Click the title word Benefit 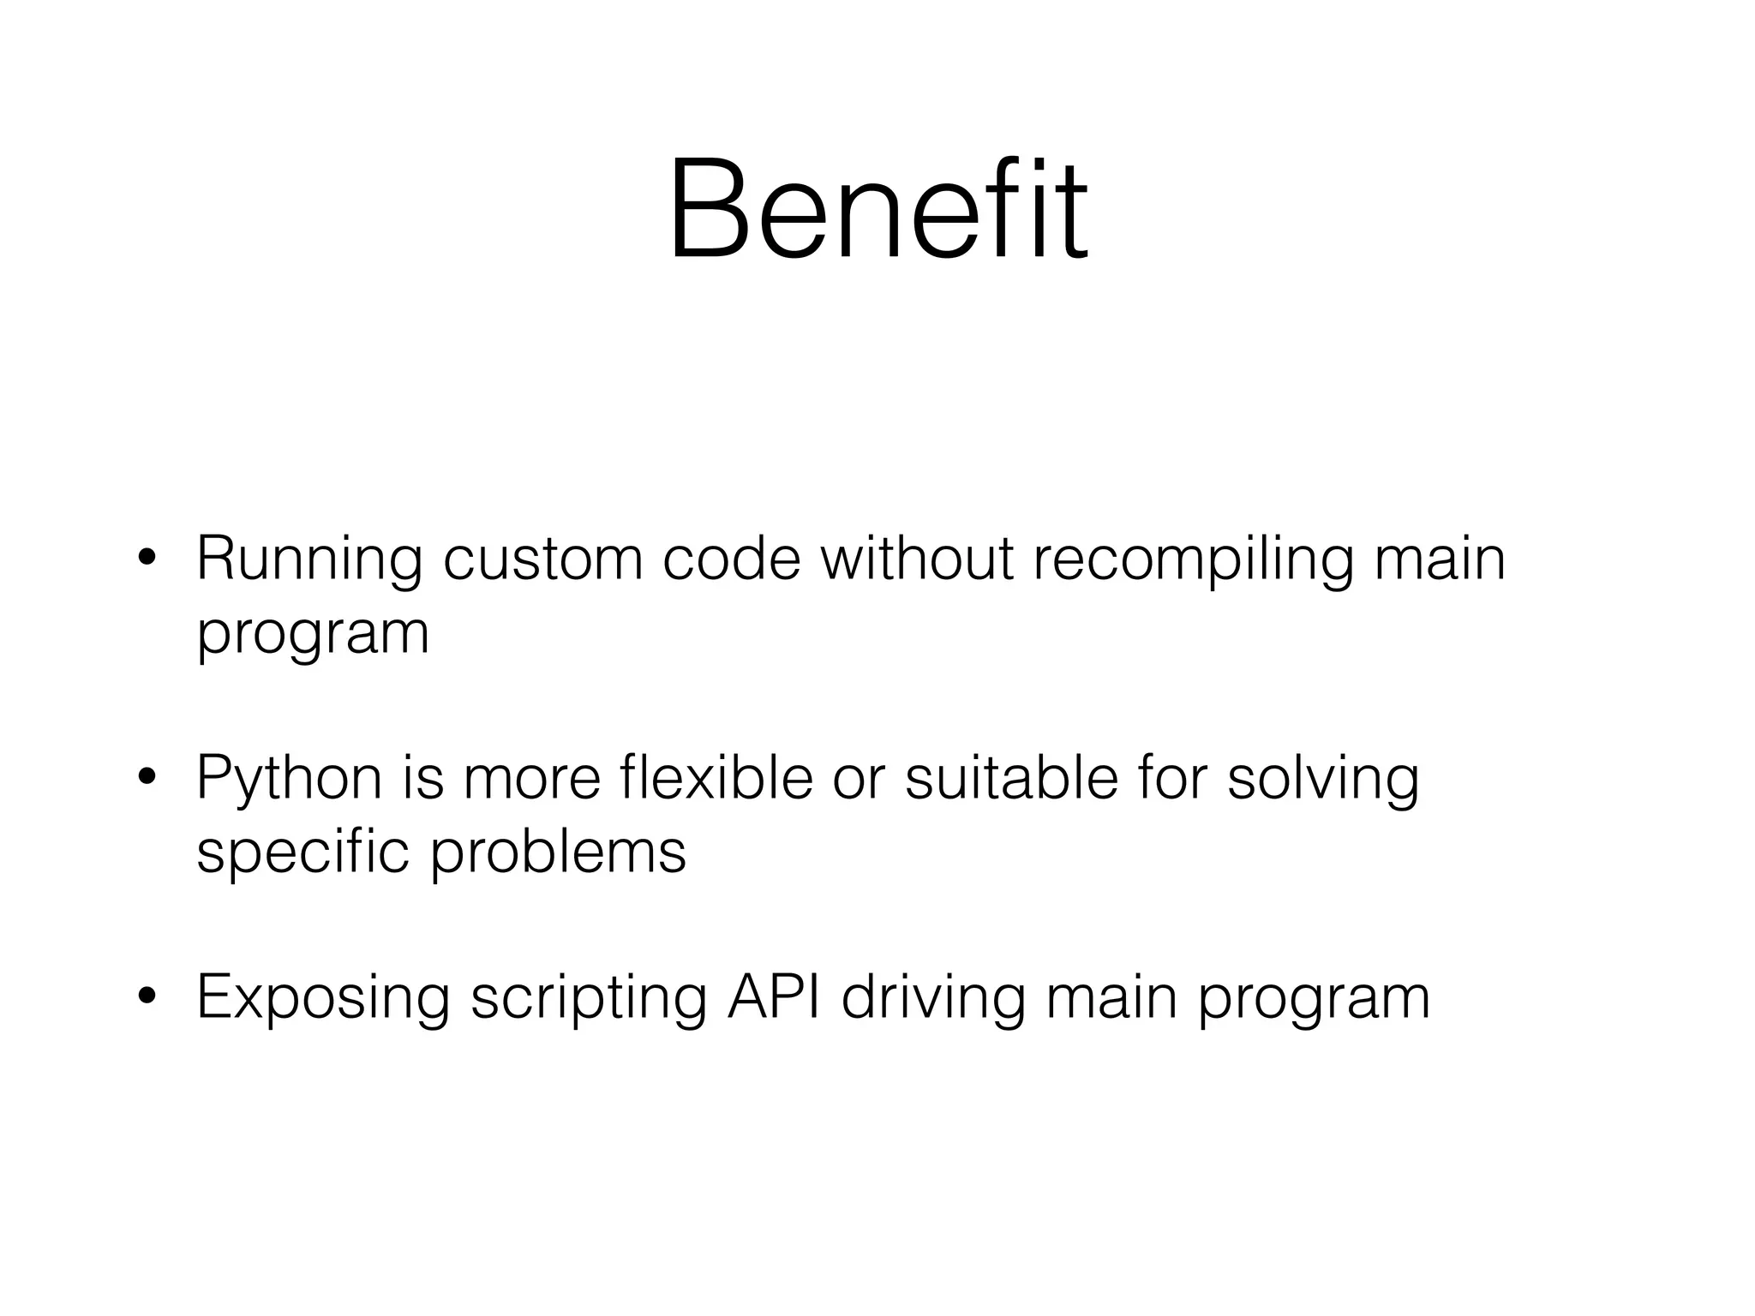click(877, 210)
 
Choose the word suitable click(1012, 778)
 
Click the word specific click(302, 852)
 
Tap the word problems click(558, 852)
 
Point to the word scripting click(589, 999)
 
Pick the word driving click(933, 999)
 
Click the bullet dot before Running click(147, 559)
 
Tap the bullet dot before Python click(147, 778)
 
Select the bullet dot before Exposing click(147, 997)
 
